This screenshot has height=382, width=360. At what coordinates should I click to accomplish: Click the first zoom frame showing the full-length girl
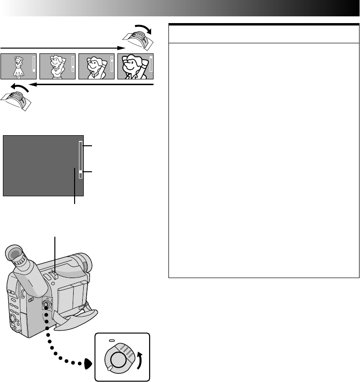point(19,65)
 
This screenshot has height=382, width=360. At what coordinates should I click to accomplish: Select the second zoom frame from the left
point(57,65)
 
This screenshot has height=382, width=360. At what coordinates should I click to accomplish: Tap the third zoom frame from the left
point(96,65)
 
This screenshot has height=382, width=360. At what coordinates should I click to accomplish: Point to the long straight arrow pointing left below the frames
point(91,85)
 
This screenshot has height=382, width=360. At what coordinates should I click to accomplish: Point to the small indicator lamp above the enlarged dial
point(112,339)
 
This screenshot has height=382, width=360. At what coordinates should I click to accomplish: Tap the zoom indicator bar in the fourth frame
point(151,65)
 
